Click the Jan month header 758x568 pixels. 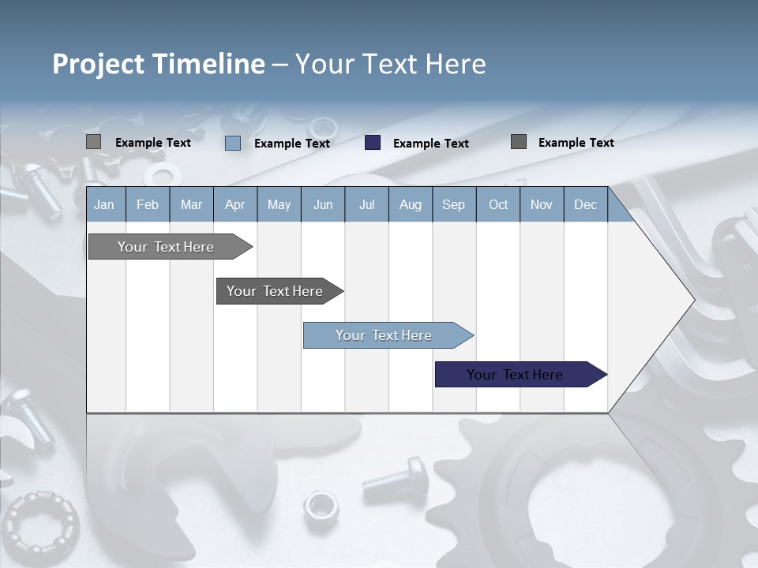pyautogui.click(x=104, y=204)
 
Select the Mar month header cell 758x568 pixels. pyautogui.click(x=191, y=204)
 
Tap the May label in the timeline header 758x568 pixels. pyautogui.click(x=279, y=204)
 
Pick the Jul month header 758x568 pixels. pyautogui.click(x=366, y=204)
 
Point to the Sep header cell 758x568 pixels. pyautogui.click(x=453, y=204)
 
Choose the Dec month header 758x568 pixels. pyautogui.click(x=585, y=204)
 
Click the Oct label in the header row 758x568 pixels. pyautogui.click(x=498, y=204)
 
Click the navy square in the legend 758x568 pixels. pyautogui.click(x=373, y=143)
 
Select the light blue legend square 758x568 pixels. pyautogui.click(x=233, y=143)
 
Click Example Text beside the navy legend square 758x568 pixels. pyautogui.click(x=430, y=144)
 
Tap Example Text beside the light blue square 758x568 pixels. pyautogui.click(x=291, y=144)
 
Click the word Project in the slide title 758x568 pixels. pyautogui.click(x=98, y=64)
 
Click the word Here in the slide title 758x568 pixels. pyautogui.click(x=456, y=64)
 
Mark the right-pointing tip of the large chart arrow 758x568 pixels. pyautogui.click(x=692, y=299)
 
